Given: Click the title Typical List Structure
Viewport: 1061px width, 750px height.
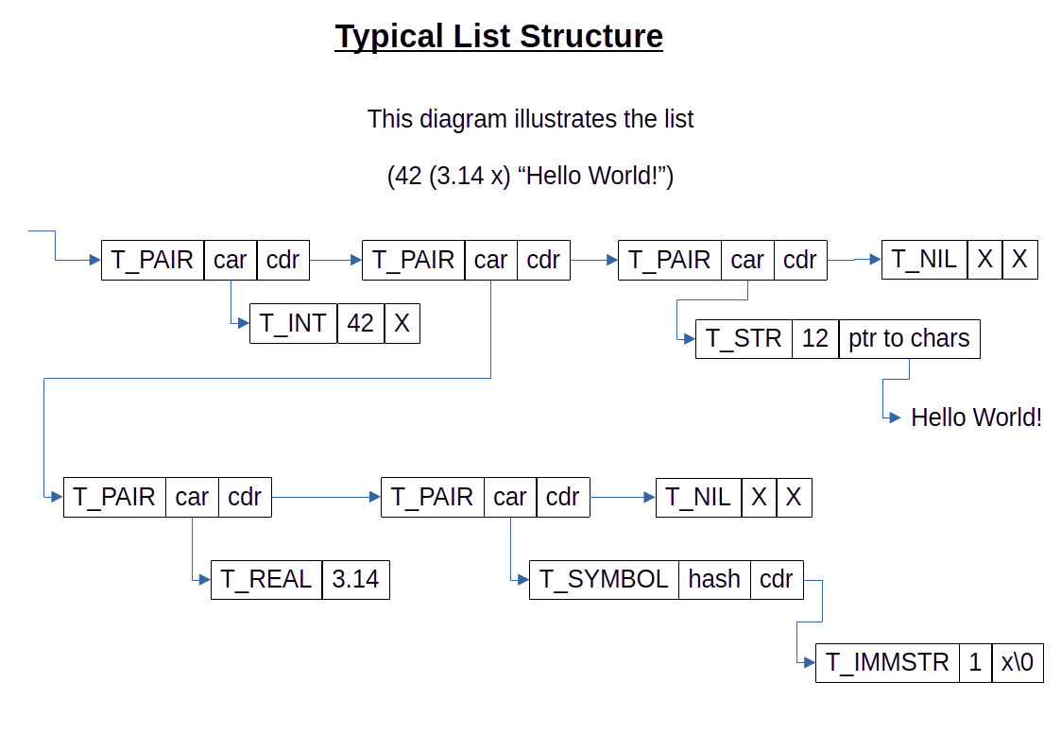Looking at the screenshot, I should [499, 37].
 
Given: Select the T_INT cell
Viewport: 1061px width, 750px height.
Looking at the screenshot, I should [294, 323].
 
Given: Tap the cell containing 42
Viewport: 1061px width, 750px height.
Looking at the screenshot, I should [361, 323].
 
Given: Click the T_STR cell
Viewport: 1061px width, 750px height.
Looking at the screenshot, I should [744, 338].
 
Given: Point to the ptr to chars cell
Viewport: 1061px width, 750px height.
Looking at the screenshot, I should [909, 338].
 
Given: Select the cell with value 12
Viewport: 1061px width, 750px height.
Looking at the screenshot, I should [815, 338].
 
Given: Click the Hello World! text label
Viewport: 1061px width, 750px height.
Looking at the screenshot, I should [976, 418].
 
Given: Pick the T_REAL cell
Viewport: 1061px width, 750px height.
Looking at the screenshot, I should [266, 579].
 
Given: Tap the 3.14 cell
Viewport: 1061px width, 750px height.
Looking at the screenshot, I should [355, 579].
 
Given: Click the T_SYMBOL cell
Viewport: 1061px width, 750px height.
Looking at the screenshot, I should [604, 579].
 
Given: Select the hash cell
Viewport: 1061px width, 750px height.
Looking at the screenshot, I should [714, 579].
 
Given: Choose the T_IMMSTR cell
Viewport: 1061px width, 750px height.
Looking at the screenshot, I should [887, 662].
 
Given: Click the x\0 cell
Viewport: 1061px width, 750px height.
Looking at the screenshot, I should [1018, 662].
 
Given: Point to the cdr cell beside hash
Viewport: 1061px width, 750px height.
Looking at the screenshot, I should [777, 579].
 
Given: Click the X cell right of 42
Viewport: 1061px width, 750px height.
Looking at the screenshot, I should [402, 323].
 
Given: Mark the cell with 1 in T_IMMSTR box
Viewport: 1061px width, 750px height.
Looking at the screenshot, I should [976, 662].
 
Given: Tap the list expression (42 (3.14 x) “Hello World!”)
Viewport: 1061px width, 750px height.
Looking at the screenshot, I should [530, 177].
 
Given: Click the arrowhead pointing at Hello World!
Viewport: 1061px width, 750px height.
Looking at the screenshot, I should [896, 418].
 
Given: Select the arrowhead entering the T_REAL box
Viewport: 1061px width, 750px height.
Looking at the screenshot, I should [204, 579].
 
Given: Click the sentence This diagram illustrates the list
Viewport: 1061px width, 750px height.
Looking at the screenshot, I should [530, 120].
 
